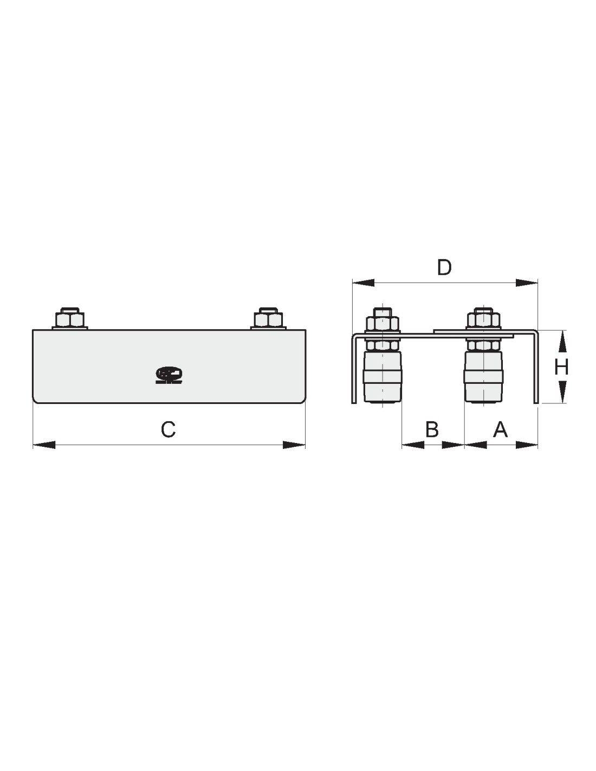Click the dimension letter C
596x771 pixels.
tap(168, 429)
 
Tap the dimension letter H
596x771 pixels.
tap(561, 367)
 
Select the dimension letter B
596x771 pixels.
tap(431, 429)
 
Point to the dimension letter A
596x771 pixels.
tap(500, 429)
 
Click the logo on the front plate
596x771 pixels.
tap(169, 375)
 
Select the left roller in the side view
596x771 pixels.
tap(382, 377)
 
